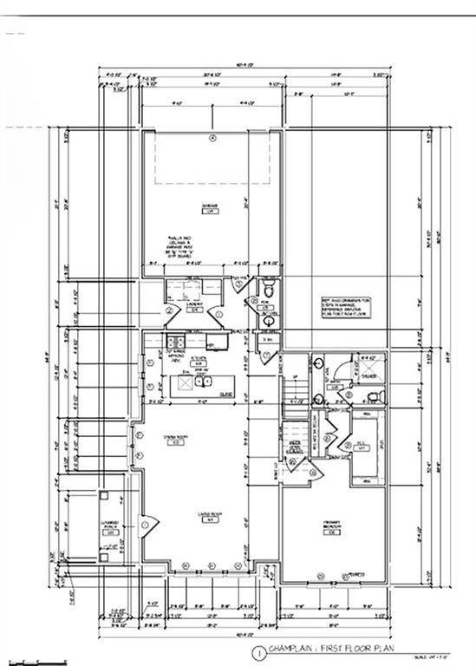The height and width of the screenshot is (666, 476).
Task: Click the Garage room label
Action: pos(209,208)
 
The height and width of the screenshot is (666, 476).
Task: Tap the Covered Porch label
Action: pos(111,529)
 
